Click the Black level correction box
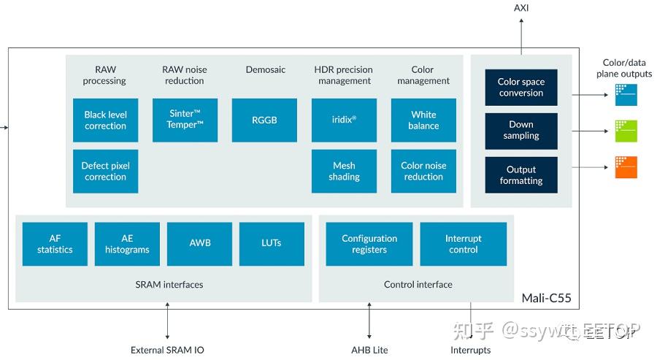pyautogui.click(x=106, y=120)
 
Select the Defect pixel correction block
pyautogui.click(x=106, y=172)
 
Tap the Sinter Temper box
pyautogui.click(x=185, y=120)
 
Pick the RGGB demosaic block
pyautogui.click(x=264, y=120)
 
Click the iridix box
pyautogui.click(x=344, y=120)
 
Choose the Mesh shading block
pyautogui.click(x=344, y=172)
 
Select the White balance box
pyautogui.click(x=423, y=120)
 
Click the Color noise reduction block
pyautogui.click(x=423, y=172)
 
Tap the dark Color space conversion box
pyautogui.click(x=521, y=88)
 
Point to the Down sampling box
pyautogui.click(x=521, y=131)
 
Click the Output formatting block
pyautogui.click(x=521, y=175)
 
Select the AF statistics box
pyautogui.click(x=55, y=244)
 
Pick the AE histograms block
pyautogui.click(x=126, y=244)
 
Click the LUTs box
pyautogui.click(x=272, y=244)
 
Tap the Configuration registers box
pyautogui.click(x=369, y=244)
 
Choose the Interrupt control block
pyautogui.click(x=464, y=244)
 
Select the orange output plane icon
pyautogui.click(x=626, y=167)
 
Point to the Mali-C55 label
pyautogui.click(x=546, y=298)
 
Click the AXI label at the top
pyautogui.click(x=521, y=8)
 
